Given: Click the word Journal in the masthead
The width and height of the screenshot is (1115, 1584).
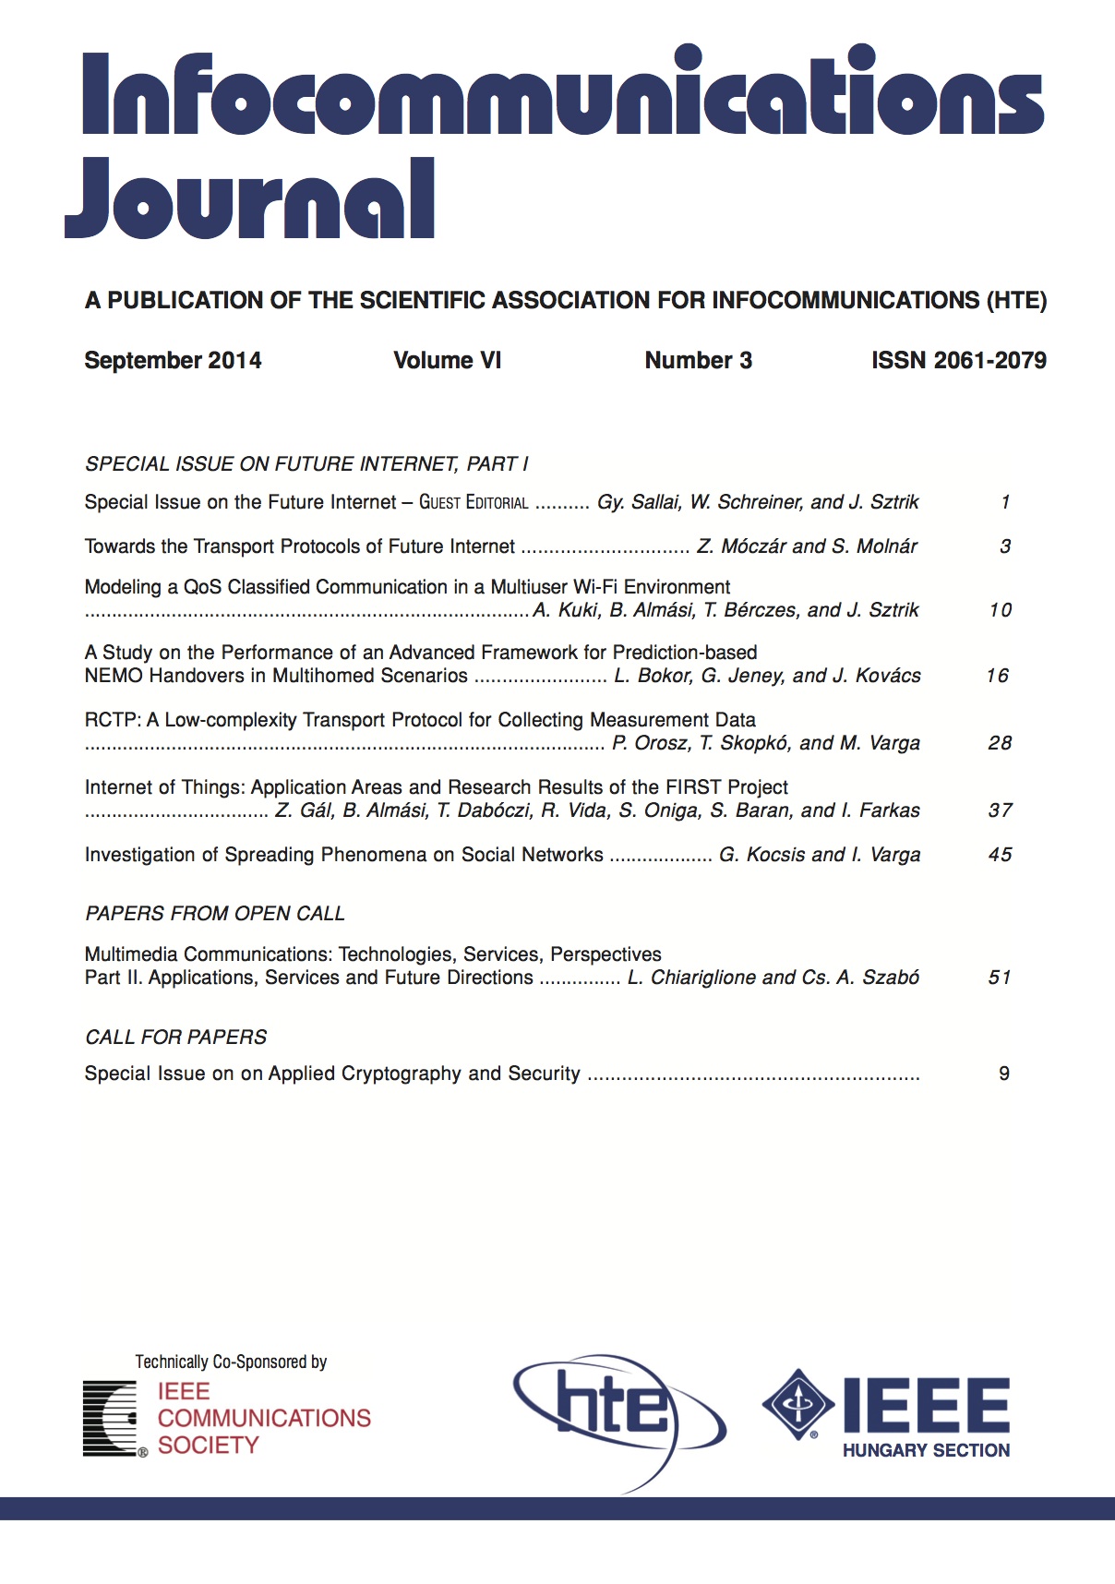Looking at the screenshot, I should (249, 199).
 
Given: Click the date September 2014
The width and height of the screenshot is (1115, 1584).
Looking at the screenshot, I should (173, 360).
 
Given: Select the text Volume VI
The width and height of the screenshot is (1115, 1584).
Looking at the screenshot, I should (447, 360).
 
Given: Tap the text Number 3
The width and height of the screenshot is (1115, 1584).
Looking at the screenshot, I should (698, 360).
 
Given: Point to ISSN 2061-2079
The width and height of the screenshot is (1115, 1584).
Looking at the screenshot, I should (958, 360).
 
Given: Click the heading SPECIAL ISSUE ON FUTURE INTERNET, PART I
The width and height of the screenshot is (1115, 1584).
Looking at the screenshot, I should (306, 463).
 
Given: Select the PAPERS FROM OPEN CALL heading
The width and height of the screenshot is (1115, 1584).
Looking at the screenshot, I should (215, 913).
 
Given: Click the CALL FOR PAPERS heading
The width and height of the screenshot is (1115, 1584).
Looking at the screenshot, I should (175, 1037).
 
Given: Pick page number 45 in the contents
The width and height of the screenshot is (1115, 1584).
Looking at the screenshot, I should (1001, 855).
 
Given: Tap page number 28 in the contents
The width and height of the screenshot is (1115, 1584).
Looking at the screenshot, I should (1001, 743).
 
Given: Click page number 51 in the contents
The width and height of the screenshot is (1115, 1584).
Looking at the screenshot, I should (1001, 978).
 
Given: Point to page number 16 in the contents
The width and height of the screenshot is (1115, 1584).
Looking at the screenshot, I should (998, 676).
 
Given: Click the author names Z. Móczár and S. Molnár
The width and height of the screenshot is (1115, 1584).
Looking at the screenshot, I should (807, 546).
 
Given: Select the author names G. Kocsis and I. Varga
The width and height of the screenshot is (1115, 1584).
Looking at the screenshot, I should (820, 855).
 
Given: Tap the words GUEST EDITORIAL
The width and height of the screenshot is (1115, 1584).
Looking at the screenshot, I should (474, 502).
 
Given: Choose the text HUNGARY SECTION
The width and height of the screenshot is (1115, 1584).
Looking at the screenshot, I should (926, 1450).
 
